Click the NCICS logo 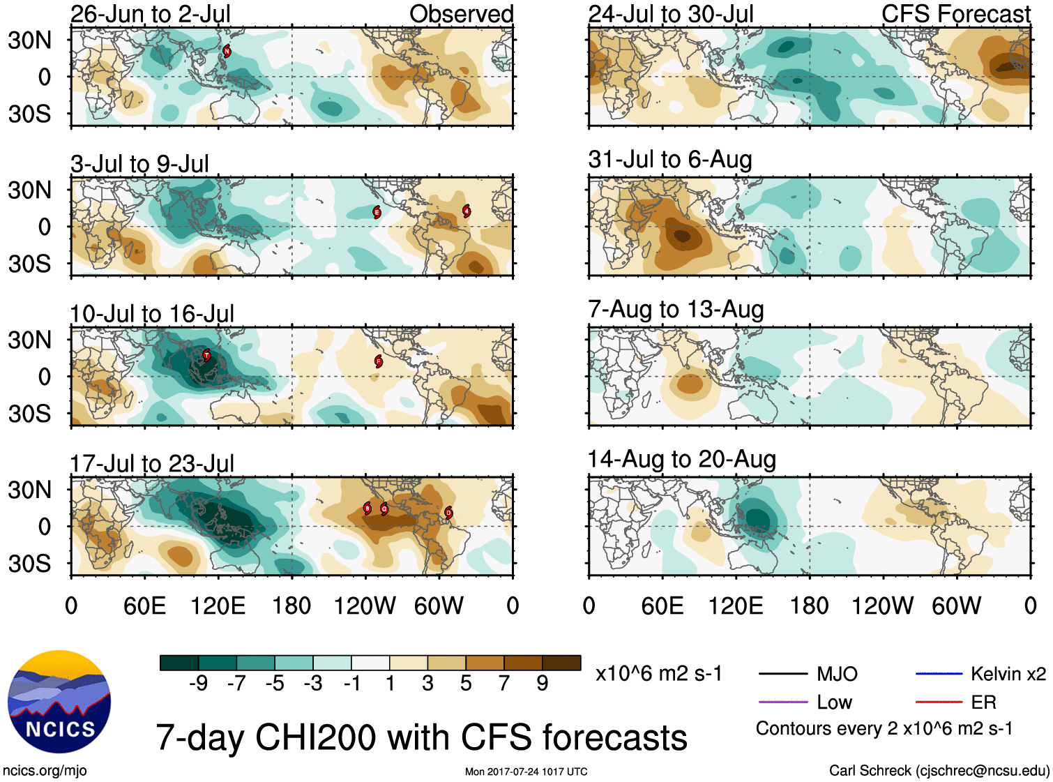59,702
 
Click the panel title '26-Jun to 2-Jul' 151,14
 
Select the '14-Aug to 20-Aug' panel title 681,459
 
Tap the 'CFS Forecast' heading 955,14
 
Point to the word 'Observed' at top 461,14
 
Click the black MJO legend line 782,674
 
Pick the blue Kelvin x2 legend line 939,674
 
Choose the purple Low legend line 782,702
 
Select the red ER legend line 939,702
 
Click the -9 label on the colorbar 198,683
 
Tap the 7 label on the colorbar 504,683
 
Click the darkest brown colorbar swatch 561,663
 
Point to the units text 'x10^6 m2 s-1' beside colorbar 658,674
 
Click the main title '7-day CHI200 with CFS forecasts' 421,737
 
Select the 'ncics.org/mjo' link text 45,770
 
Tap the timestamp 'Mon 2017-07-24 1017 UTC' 526,772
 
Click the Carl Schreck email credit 939,770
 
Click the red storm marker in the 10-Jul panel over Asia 206,355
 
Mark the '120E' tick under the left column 218,606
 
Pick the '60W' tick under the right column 956,606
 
